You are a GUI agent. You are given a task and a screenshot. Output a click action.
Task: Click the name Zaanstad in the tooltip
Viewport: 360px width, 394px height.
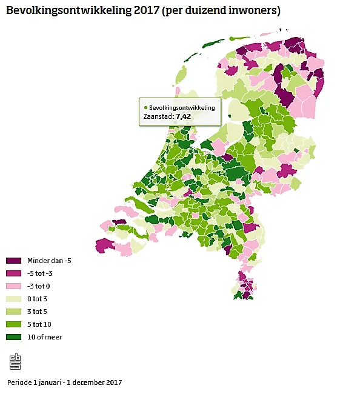click(158, 116)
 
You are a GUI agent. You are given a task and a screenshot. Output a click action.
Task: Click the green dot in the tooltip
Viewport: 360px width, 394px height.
click(146, 107)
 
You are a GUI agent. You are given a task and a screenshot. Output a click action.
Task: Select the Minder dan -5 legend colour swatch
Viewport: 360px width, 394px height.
click(13, 261)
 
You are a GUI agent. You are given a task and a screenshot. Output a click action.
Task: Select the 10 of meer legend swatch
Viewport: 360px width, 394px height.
click(13, 337)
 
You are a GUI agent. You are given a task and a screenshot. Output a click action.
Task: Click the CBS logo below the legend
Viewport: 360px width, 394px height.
click(15, 361)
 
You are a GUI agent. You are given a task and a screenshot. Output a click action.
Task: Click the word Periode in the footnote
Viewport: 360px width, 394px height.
click(19, 382)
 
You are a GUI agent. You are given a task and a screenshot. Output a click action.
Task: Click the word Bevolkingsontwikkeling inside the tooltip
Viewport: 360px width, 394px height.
click(182, 107)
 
